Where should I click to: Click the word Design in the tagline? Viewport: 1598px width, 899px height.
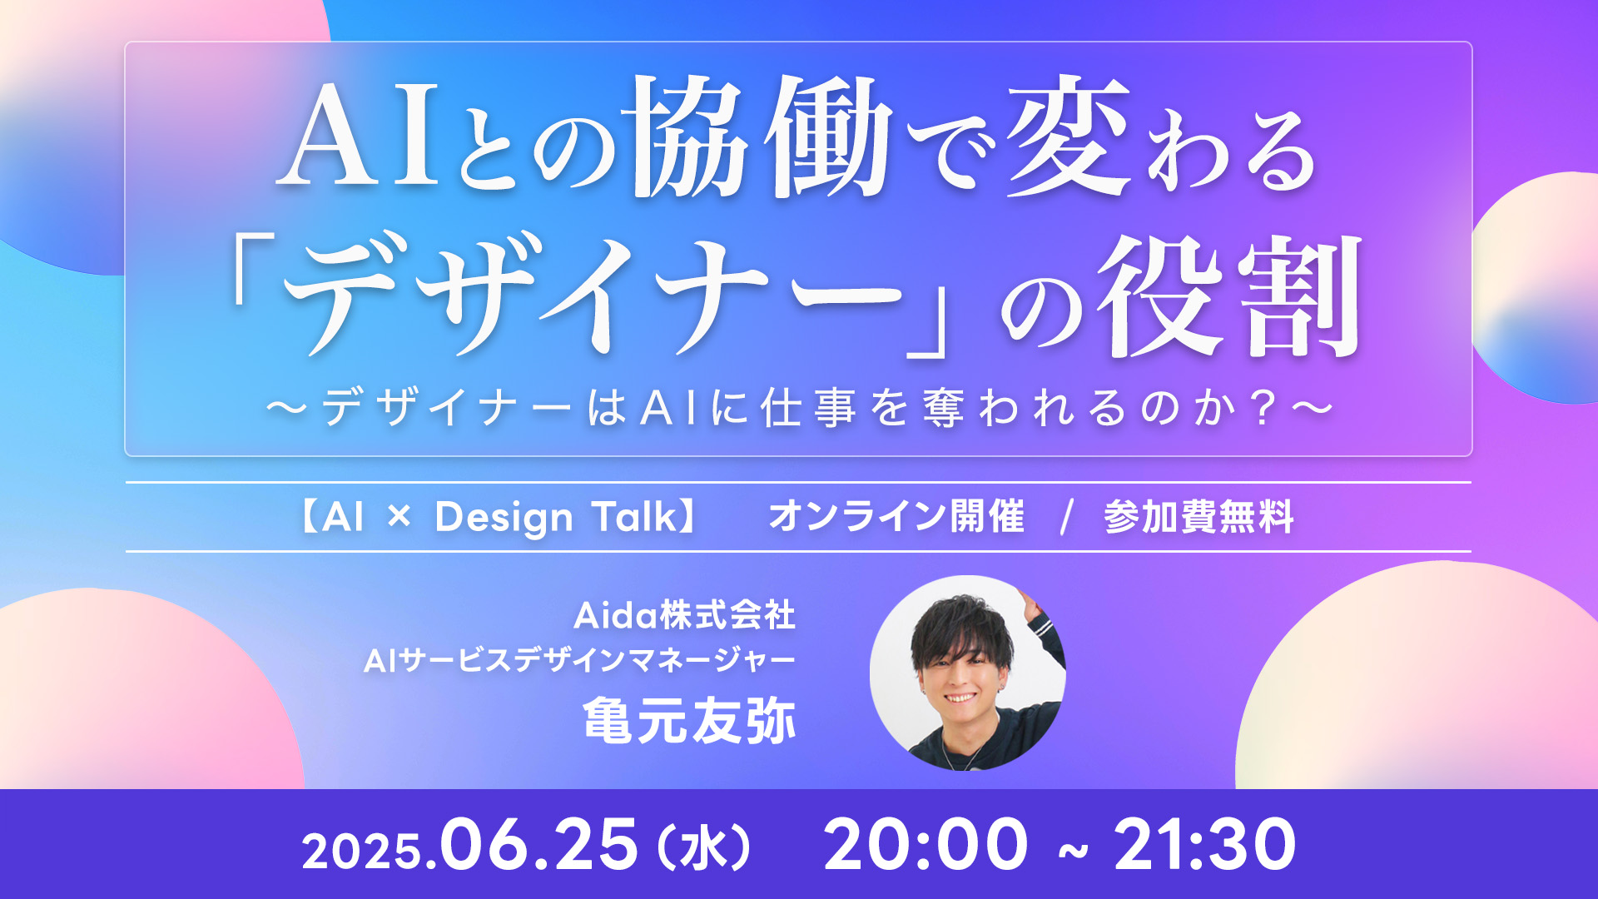pos(504,518)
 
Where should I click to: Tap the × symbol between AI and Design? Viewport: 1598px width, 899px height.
pos(399,517)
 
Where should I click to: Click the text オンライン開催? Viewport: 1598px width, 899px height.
pos(896,516)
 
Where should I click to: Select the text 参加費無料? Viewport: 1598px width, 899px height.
pos(1198,516)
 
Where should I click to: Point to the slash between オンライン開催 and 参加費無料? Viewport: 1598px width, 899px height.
pos(1066,517)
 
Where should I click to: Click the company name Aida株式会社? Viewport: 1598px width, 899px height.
pos(684,616)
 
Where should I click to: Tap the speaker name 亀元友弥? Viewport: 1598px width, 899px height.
pos(689,720)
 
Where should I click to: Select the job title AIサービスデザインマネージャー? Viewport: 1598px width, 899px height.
pos(580,661)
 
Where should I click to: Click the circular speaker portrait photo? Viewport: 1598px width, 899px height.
pos(967,673)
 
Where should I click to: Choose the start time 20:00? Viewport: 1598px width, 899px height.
pos(926,844)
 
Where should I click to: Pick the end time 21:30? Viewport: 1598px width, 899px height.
pos(1205,844)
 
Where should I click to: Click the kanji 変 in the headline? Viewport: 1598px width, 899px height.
pos(1069,137)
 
